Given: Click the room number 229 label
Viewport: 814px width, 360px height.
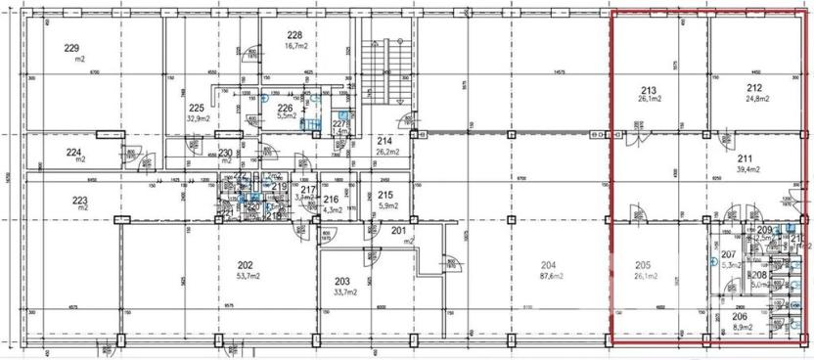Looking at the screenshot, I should (x=71, y=48).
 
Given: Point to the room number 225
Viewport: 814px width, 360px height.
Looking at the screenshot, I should (x=197, y=109).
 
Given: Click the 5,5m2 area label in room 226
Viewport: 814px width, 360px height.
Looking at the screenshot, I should (x=285, y=116).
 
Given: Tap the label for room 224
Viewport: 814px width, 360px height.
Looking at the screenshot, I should (x=73, y=152).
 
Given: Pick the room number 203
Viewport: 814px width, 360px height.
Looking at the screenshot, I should (x=341, y=281).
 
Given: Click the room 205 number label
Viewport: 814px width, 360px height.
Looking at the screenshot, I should (x=643, y=265).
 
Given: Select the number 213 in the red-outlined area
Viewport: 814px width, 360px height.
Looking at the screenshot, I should (x=648, y=88).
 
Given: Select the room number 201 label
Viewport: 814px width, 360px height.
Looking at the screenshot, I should (x=398, y=230).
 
